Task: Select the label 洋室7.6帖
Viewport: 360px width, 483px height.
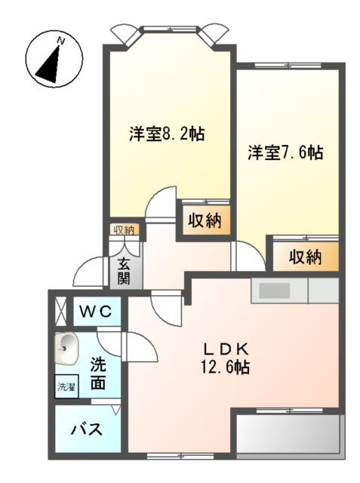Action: [286, 153]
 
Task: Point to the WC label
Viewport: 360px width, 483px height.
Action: [95, 311]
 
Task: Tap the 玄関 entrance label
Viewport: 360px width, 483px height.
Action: [124, 272]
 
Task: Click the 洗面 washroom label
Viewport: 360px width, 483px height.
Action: [98, 372]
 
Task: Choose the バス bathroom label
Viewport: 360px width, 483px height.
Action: [87, 431]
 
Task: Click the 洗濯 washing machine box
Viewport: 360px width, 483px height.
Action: [66, 386]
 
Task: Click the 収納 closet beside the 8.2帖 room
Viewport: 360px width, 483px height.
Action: [204, 221]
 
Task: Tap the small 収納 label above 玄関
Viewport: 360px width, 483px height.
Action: [124, 230]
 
